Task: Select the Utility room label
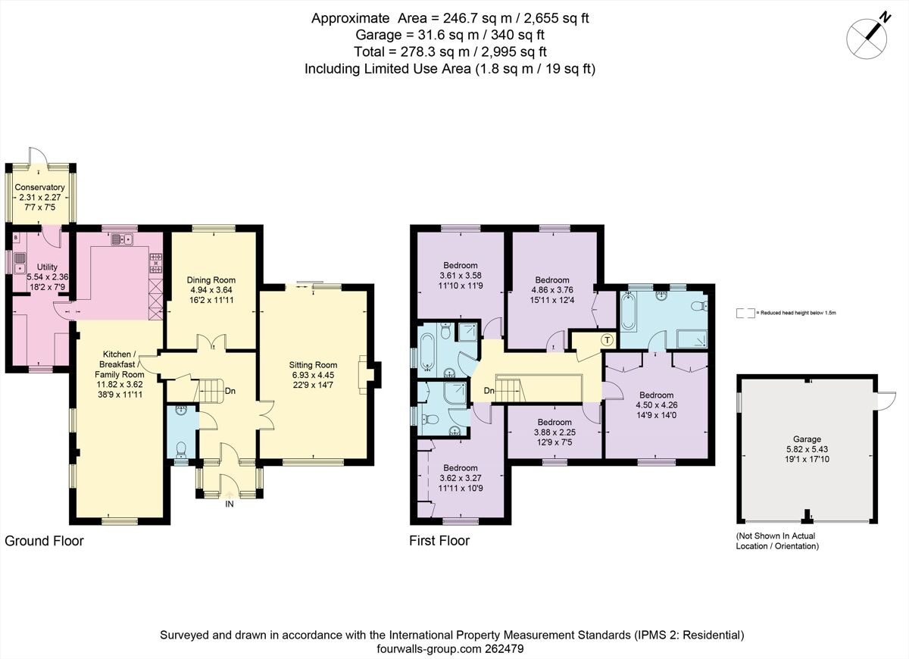(47, 267)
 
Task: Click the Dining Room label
(211, 280)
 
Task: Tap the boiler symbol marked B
(16, 238)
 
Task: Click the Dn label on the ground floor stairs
(230, 392)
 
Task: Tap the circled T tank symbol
(606, 340)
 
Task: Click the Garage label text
(807, 439)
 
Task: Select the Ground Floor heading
(44, 541)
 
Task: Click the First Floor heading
(439, 541)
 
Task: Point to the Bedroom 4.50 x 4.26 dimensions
(656, 404)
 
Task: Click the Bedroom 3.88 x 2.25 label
(554, 422)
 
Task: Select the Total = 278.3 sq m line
(450, 52)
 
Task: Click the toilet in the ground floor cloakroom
(181, 451)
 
